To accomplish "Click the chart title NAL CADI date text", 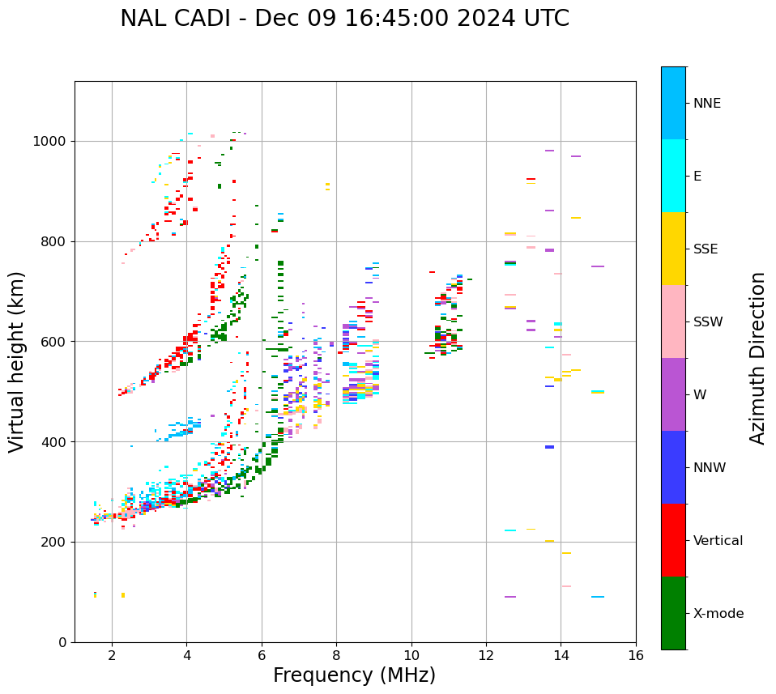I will [x=344, y=19].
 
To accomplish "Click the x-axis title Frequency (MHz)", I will [x=354, y=675].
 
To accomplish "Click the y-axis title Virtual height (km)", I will [x=17, y=362].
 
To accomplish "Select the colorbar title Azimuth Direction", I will [x=757, y=358].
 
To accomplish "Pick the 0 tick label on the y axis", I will [x=63, y=642].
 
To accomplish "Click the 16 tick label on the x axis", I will [x=636, y=655].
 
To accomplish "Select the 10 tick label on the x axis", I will [x=411, y=655].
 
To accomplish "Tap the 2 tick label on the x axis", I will [x=112, y=655].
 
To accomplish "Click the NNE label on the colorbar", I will [x=706, y=104].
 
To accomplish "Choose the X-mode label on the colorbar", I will [x=718, y=614].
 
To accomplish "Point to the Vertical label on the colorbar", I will [x=718, y=541].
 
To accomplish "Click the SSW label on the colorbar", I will [x=708, y=322].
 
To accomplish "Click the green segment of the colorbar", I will [x=673, y=613].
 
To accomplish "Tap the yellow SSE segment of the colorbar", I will [x=673, y=249].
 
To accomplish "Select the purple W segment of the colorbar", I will [x=673, y=394].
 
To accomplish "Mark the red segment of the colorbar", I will [x=673, y=540].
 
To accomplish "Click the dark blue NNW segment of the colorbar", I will [x=673, y=467].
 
